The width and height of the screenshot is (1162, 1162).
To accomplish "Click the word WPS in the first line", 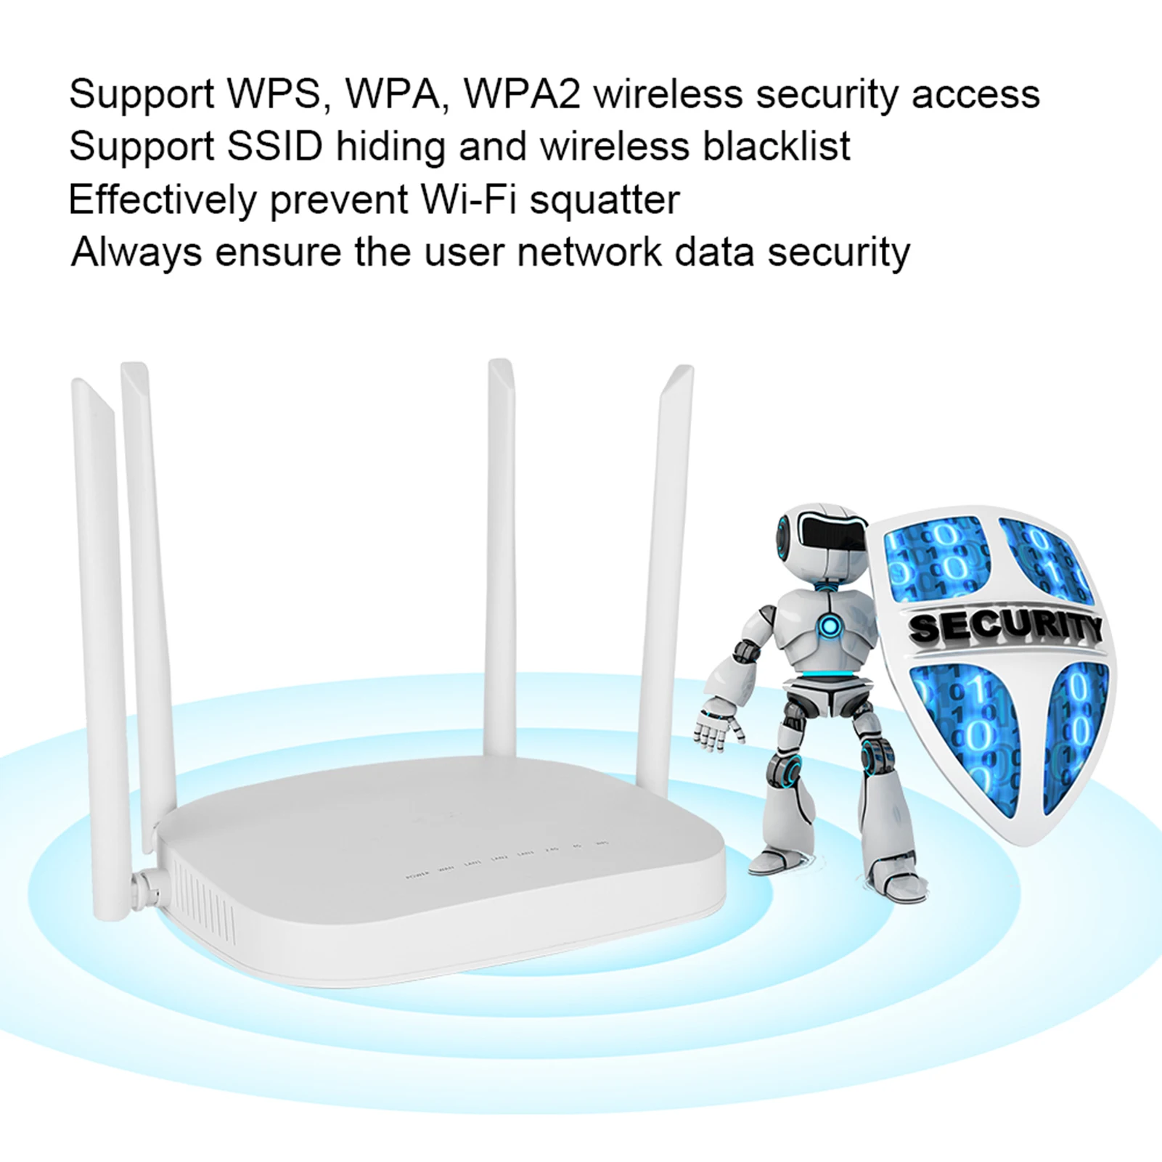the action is [273, 94].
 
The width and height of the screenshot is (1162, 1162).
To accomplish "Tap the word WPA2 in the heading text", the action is [521, 94].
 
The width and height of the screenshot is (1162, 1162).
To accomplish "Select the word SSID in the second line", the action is [274, 147].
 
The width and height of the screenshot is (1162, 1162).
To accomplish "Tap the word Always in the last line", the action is [136, 253].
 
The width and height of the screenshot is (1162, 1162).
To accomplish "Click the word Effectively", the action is [163, 200].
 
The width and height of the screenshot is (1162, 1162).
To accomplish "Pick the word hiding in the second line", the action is [390, 147].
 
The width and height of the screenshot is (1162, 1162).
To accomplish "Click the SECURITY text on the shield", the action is [1005, 627].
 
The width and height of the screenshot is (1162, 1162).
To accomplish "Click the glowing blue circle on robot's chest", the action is [827, 626].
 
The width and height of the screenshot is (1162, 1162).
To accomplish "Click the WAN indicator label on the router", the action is [446, 868].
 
